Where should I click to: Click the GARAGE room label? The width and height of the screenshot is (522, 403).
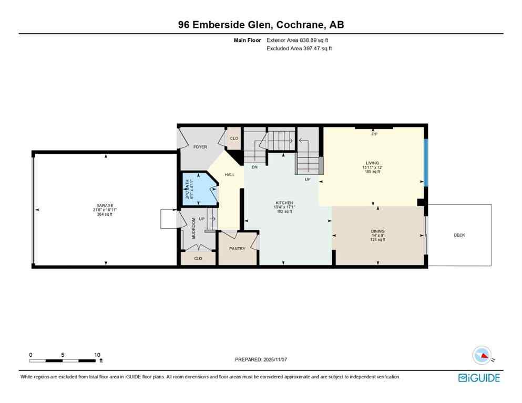coord(104,206)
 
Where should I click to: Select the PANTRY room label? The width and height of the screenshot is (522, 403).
coord(237,249)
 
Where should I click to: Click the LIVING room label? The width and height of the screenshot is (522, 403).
coord(373,163)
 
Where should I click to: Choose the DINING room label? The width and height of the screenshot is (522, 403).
coord(377,231)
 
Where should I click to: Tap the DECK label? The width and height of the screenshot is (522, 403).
coord(459,235)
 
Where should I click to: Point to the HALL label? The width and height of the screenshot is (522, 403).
coord(230,175)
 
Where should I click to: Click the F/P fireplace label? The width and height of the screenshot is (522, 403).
coord(374,134)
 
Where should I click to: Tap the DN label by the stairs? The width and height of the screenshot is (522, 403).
coord(254,167)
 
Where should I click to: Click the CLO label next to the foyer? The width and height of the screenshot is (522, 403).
coord(233,139)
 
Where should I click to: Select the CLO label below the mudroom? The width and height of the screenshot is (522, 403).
coord(198,259)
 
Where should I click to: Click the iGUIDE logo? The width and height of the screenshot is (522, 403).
coord(479,378)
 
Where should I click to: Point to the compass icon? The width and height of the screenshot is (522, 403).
coord(482,355)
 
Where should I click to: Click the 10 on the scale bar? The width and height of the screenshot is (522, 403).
coord(97,355)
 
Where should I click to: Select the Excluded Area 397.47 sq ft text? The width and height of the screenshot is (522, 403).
coord(299,48)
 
